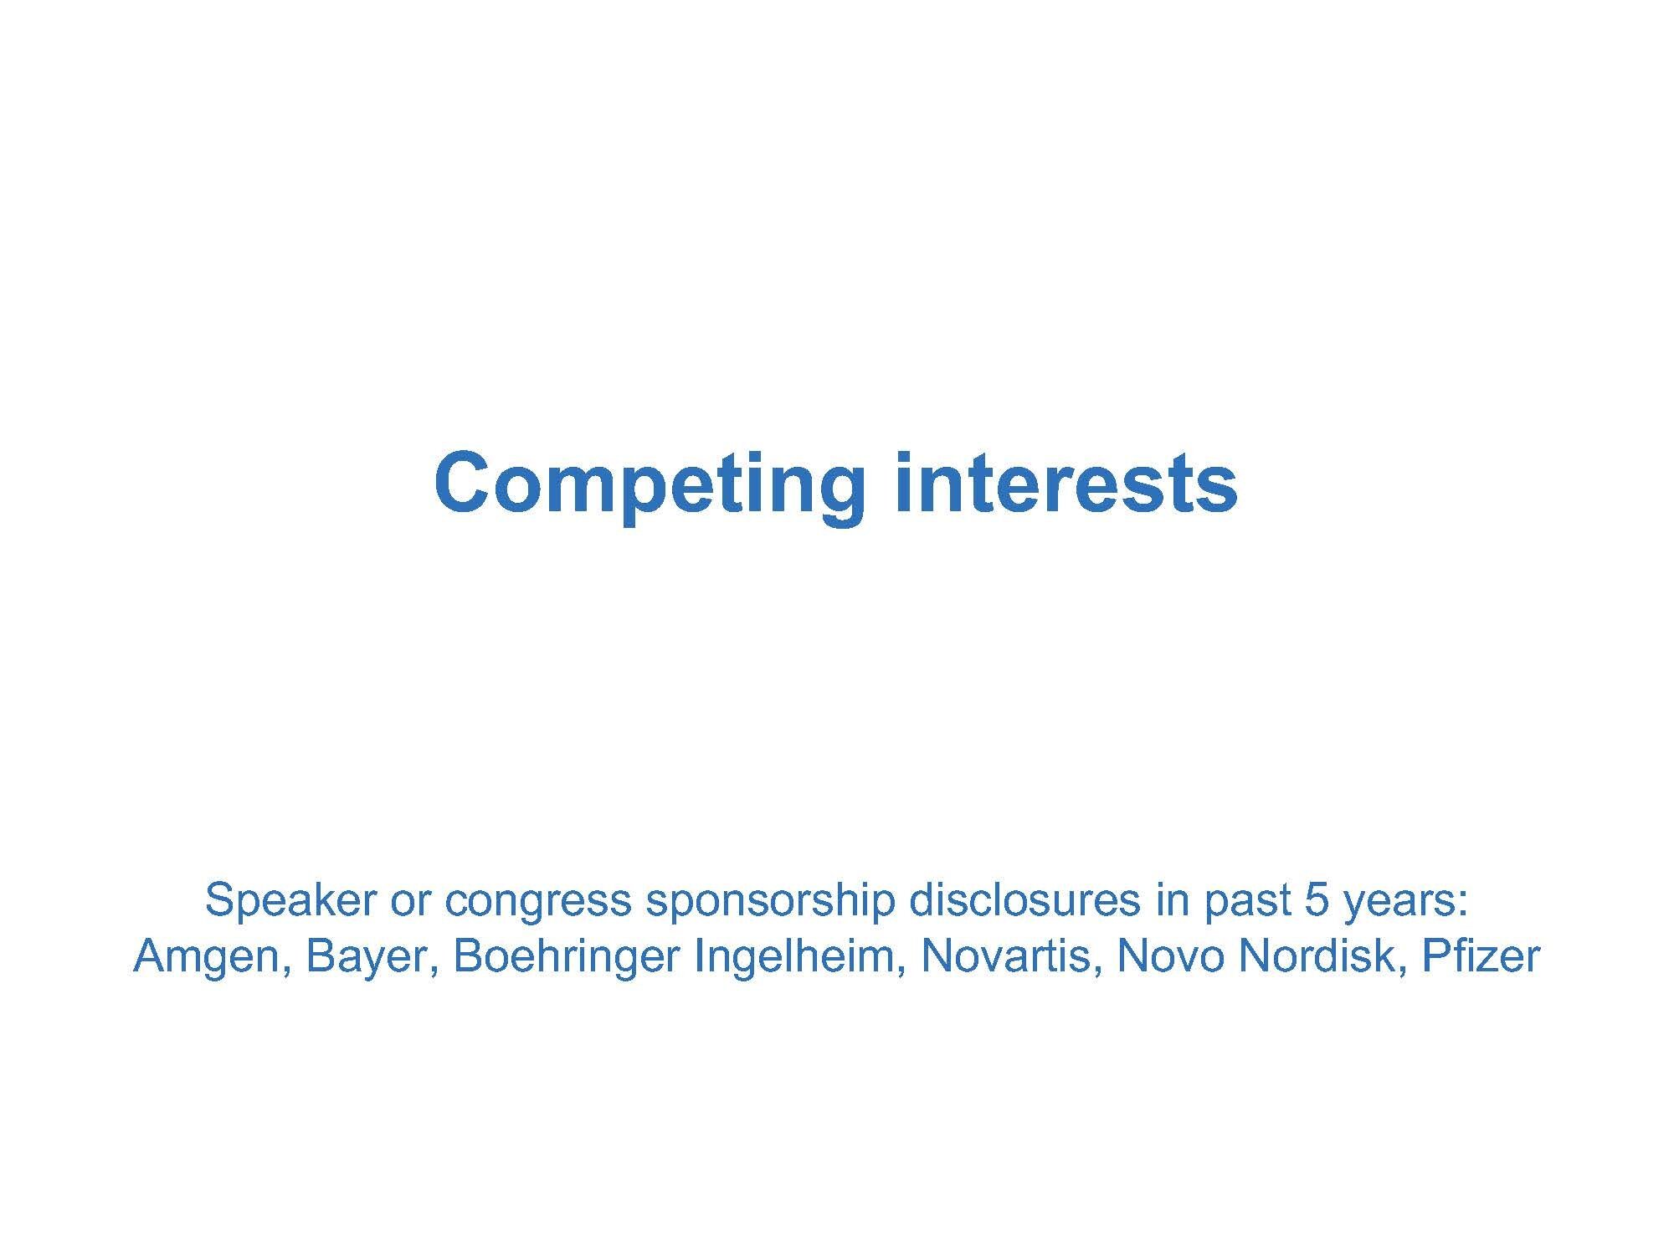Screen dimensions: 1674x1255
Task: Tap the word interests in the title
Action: coord(1066,483)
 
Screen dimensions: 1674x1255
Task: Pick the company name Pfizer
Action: coord(1481,955)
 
